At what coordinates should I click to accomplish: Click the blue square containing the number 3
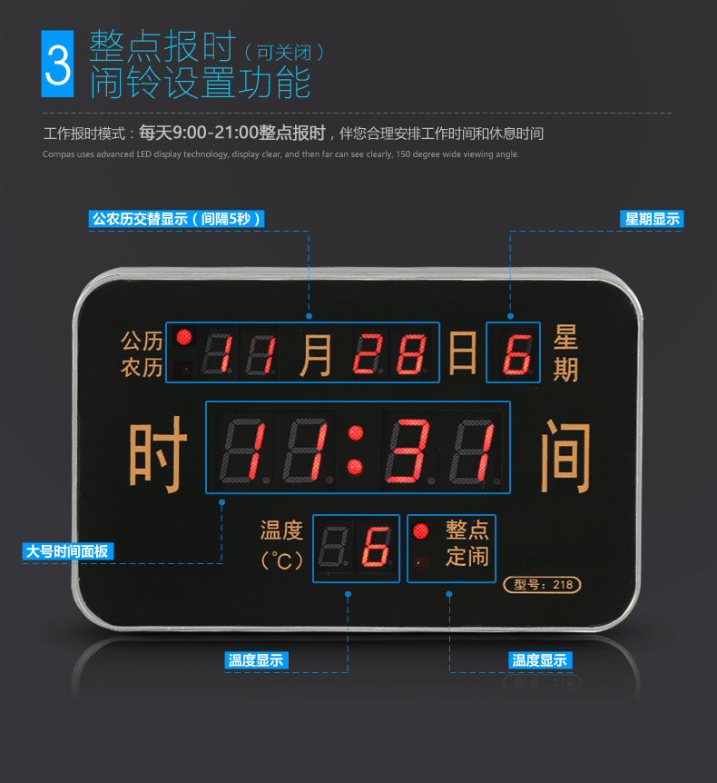[x=57, y=64]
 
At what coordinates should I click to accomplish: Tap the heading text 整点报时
[x=162, y=46]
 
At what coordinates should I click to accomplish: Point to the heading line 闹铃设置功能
[x=201, y=83]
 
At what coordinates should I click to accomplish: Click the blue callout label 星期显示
[x=652, y=219]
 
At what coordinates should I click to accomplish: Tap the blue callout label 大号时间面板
[x=68, y=551]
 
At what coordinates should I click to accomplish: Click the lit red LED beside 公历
[x=184, y=337]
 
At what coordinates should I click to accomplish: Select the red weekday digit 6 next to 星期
[x=516, y=354]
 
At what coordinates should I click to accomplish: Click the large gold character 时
[x=158, y=454]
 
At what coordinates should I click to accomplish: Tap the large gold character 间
[x=565, y=455]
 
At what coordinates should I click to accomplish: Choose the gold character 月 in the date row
[x=316, y=355]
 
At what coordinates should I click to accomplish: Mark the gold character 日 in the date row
[x=463, y=352]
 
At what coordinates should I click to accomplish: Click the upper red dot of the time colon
[x=356, y=432]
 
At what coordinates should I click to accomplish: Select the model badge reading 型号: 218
[x=543, y=584]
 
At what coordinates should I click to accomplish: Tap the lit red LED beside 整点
[x=420, y=530]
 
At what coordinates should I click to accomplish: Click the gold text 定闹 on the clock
[x=467, y=556]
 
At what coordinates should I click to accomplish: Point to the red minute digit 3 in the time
[x=408, y=451]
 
